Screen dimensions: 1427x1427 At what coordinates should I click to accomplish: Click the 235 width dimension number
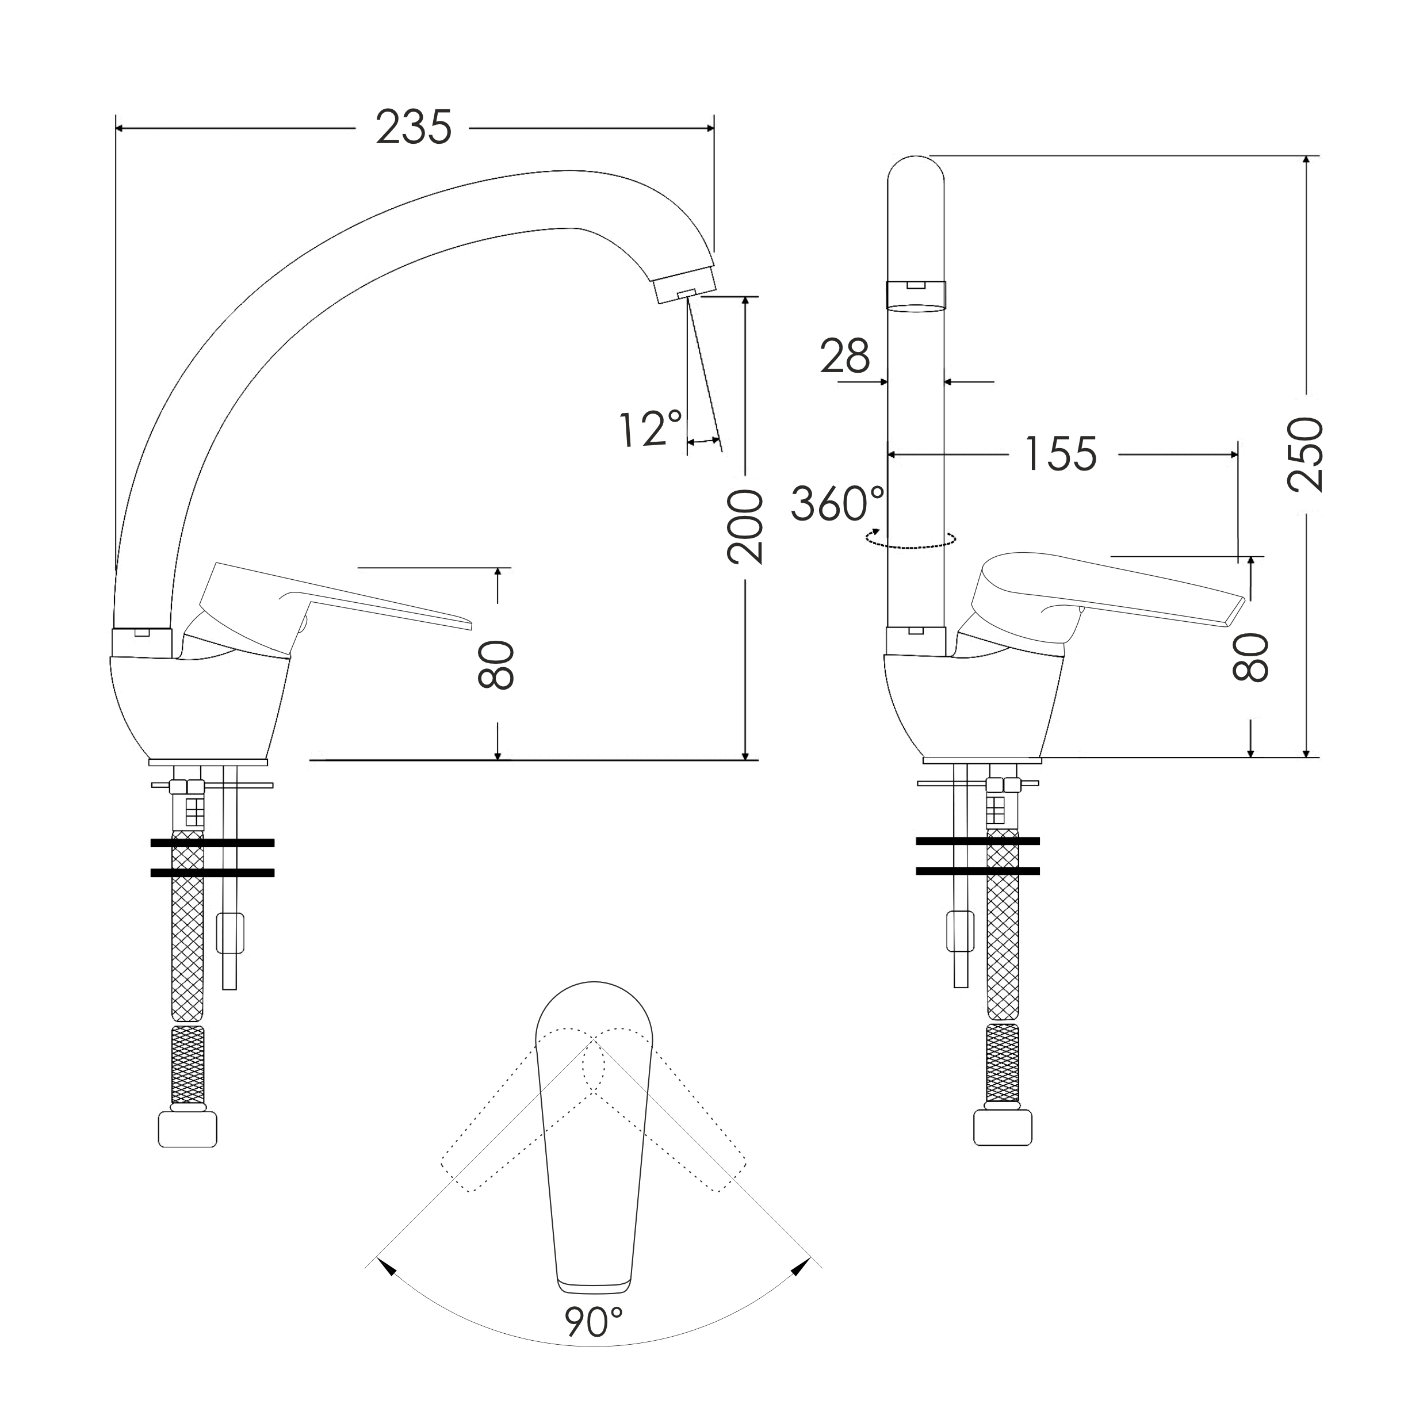click(x=414, y=127)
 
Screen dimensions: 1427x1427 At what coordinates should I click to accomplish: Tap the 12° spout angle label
click(x=651, y=429)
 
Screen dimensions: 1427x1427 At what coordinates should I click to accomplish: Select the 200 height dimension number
click(x=744, y=527)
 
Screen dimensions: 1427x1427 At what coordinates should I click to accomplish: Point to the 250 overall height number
click(x=1305, y=454)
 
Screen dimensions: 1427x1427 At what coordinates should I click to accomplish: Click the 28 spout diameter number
click(x=845, y=357)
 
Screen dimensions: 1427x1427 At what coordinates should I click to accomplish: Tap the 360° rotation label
click(x=837, y=504)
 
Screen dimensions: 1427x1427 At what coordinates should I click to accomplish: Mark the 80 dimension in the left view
click(x=496, y=665)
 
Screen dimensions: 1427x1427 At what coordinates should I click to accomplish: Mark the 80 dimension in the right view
click(x=1250, y=657)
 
